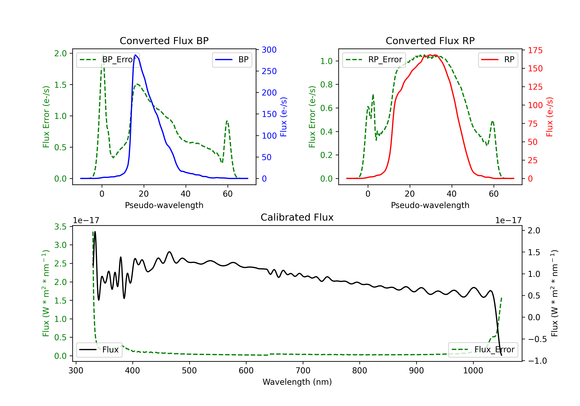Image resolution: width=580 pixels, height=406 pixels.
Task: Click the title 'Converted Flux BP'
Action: tap(164, 41)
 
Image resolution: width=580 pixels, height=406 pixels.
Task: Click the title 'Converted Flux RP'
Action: tap(430, 41)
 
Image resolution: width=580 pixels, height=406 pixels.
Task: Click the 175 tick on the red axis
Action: tap(535, 50)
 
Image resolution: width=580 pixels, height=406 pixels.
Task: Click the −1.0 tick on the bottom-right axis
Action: tap(537, 361)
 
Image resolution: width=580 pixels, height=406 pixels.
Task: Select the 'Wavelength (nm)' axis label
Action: tap(297, 382)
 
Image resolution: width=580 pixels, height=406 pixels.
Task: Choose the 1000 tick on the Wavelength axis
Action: tap(473, 371)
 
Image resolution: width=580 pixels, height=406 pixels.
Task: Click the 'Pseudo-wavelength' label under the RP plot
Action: tap(430, 205)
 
